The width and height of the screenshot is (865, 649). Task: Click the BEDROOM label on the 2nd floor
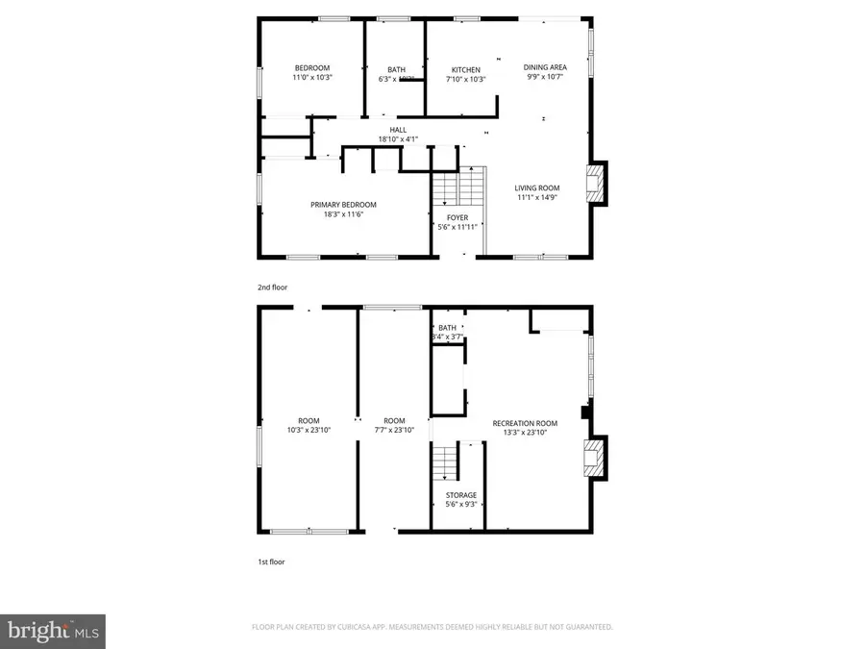pos(311,67)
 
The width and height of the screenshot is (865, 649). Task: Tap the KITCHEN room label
pos(466,69)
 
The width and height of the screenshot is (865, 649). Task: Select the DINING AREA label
pos(545,67)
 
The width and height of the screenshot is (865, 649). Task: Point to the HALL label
pos(398,130)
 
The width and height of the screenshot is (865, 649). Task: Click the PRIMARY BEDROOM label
pos(343,204)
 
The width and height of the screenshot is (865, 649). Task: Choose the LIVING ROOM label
pos(536,187)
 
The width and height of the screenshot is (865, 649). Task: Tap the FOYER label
pos(457,218)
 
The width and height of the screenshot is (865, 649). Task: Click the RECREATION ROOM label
pos(525,423)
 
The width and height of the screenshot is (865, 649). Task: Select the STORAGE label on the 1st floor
pos(460,495)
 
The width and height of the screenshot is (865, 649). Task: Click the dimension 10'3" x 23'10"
pos(309,431)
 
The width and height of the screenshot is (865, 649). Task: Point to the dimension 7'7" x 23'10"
pos(394,431)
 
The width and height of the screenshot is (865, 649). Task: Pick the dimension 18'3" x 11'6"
pos(343,214)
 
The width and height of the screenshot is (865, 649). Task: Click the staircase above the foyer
pos(457,187)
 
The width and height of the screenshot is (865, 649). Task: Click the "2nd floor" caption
pos(272,287)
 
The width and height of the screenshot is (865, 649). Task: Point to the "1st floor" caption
pos(271,562)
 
